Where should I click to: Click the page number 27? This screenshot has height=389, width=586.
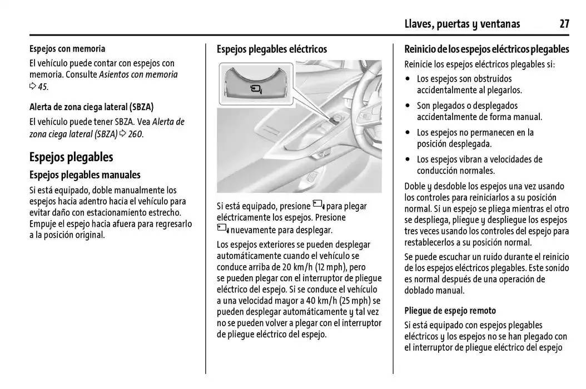[x=564, y=23]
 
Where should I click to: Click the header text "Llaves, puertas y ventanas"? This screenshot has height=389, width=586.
[x=462, y=23]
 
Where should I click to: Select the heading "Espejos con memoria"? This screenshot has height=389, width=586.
[x=67, y=49]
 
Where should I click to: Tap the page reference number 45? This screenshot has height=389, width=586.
[x=43, y=86]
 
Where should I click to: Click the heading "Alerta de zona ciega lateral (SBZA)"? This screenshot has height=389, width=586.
[x=92, y=107]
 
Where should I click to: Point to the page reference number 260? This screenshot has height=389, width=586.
[x=135, y=134]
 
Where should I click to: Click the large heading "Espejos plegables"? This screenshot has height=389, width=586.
[x=71, y=157]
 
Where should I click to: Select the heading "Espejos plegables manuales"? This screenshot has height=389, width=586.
[x=85, y=175]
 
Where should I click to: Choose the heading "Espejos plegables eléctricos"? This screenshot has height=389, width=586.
[x=272, y=49]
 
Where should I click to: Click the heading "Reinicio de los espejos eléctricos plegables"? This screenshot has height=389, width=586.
[x=486, y=49]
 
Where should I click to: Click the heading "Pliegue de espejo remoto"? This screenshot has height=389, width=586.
[x=450, y=311]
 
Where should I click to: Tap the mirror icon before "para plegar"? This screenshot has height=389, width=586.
[x=319, y=206]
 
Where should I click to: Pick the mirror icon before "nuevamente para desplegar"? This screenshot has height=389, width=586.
[x=222, y=229]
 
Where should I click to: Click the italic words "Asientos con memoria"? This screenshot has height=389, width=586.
[x=138, y=74]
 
